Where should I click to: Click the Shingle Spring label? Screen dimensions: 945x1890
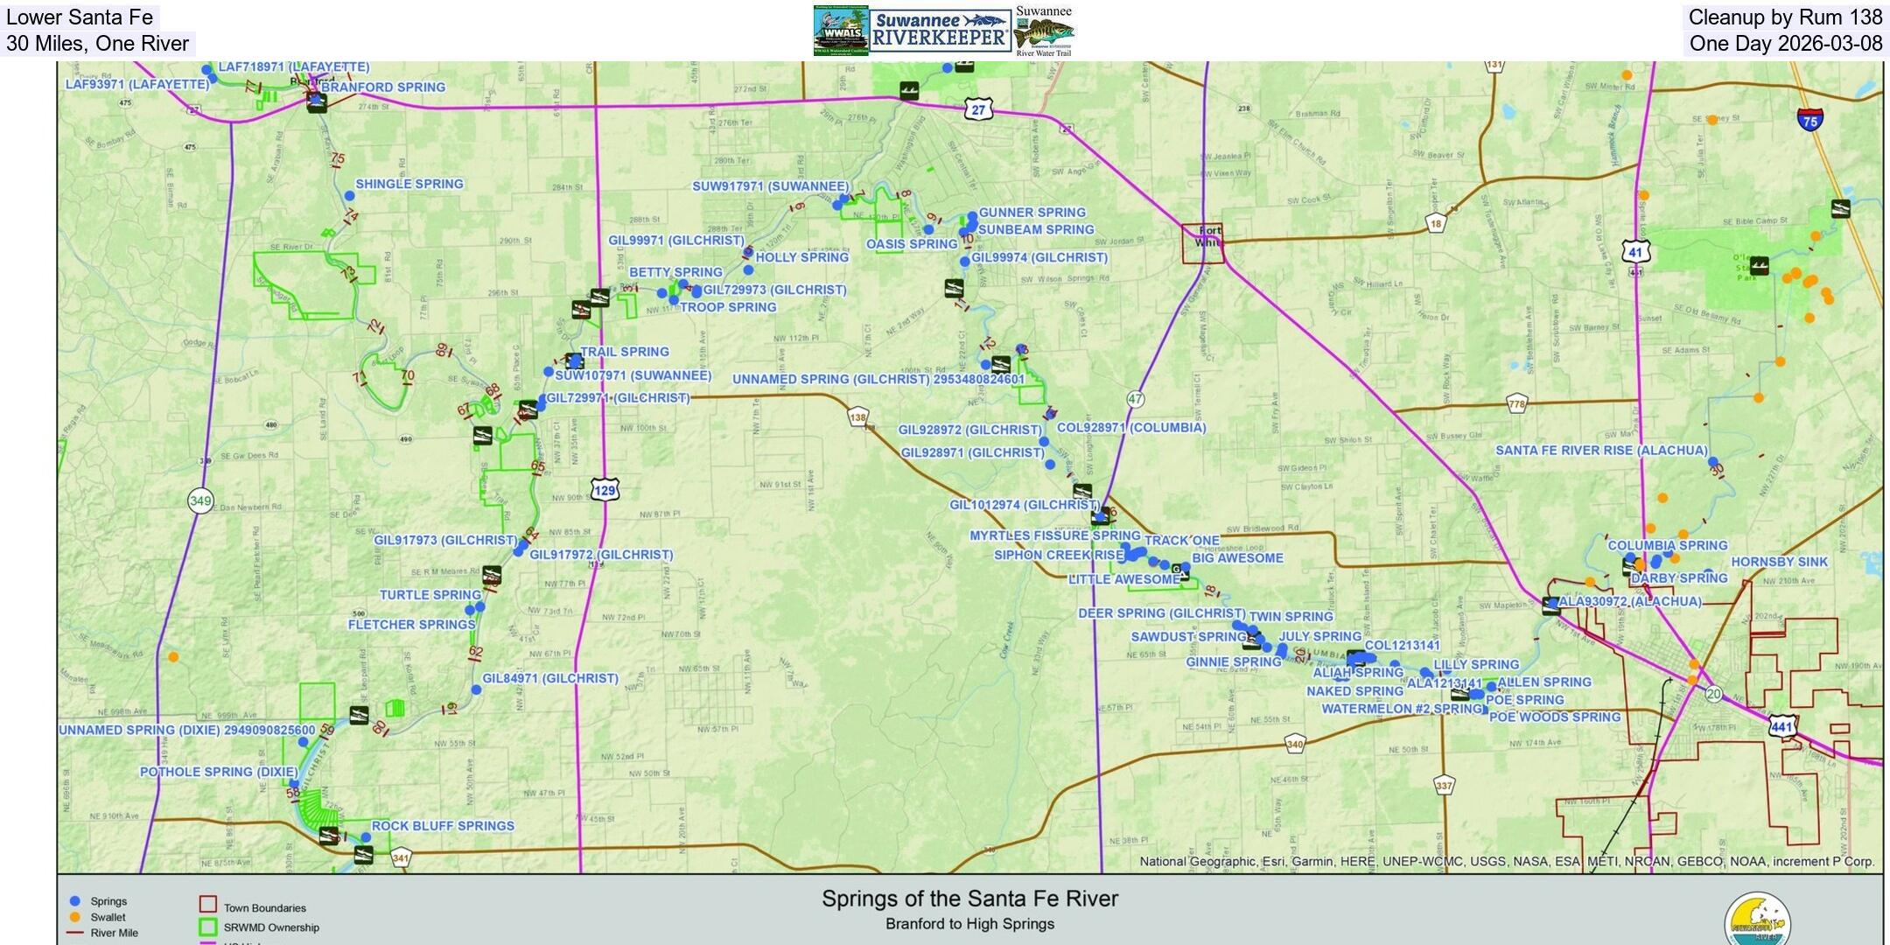tap(409, 184)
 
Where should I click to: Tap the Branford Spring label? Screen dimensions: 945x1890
tap(383, 87)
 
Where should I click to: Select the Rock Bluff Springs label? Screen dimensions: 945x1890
tap(443, 826)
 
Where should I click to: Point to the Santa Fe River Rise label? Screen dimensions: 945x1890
tap(1601, 451)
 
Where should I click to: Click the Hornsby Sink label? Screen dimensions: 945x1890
tap(1779, 562)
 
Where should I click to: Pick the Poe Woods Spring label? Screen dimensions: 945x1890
tap(1555, 717)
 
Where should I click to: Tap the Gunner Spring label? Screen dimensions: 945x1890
tap(1032, 213)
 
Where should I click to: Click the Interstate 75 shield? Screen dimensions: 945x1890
tap(1810, 120)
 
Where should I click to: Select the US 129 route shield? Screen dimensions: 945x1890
tap(605, 490)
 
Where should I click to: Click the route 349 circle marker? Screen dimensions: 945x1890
tap(200, 501)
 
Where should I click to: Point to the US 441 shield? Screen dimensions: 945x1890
tap(1782, 726)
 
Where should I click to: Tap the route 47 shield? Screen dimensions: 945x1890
tap(1136, 399)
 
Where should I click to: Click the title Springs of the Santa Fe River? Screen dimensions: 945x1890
tap(969, 899)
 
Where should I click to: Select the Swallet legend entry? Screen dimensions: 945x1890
tap(108, 917)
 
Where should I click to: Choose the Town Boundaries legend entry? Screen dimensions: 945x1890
tap(264, 908)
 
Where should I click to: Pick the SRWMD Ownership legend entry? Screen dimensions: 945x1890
tap(271, 927)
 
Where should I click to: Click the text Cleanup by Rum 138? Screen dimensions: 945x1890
tap(1785, 17)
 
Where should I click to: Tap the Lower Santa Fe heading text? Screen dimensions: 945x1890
tap(80, 17)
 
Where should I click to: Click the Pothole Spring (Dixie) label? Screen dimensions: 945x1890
tap(219, 772)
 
